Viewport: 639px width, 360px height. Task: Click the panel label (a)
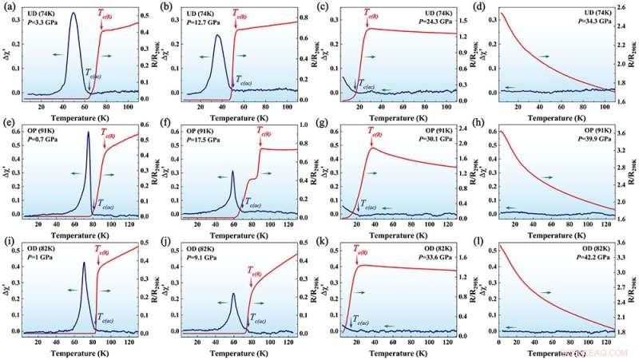click(x=10, y=7)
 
